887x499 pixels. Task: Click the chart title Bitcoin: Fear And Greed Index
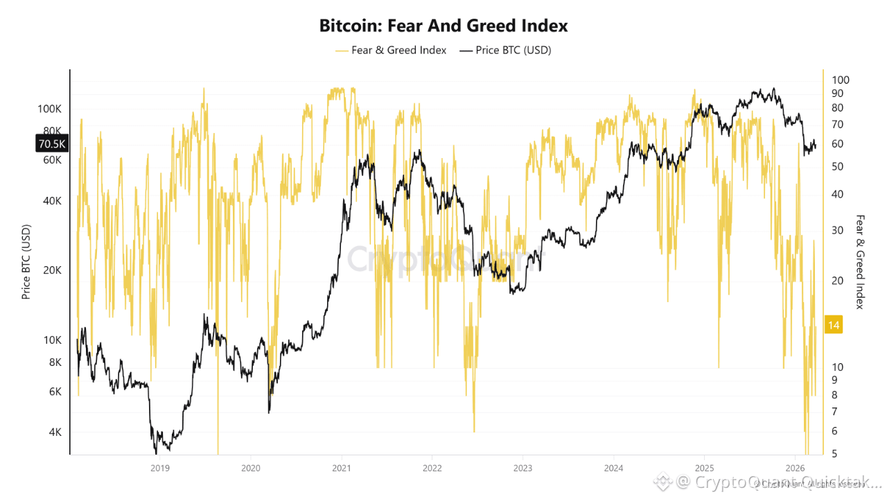443,26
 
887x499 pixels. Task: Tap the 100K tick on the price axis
50,109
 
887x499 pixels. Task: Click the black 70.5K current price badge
51,144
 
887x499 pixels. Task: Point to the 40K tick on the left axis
52,201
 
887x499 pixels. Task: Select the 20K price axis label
52,270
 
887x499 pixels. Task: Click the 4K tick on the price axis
54,432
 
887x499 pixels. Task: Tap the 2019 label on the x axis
159,468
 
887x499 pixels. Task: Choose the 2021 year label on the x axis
341,468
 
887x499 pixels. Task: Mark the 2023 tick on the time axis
522,468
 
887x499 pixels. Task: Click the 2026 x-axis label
795,468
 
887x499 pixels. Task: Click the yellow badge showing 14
834,324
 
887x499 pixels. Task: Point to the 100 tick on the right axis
840,80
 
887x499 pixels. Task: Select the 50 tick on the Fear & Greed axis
837,166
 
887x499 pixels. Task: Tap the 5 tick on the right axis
834,453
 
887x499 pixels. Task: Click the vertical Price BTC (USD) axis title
26,262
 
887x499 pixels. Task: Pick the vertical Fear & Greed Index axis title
860,261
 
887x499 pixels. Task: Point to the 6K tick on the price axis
54,392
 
